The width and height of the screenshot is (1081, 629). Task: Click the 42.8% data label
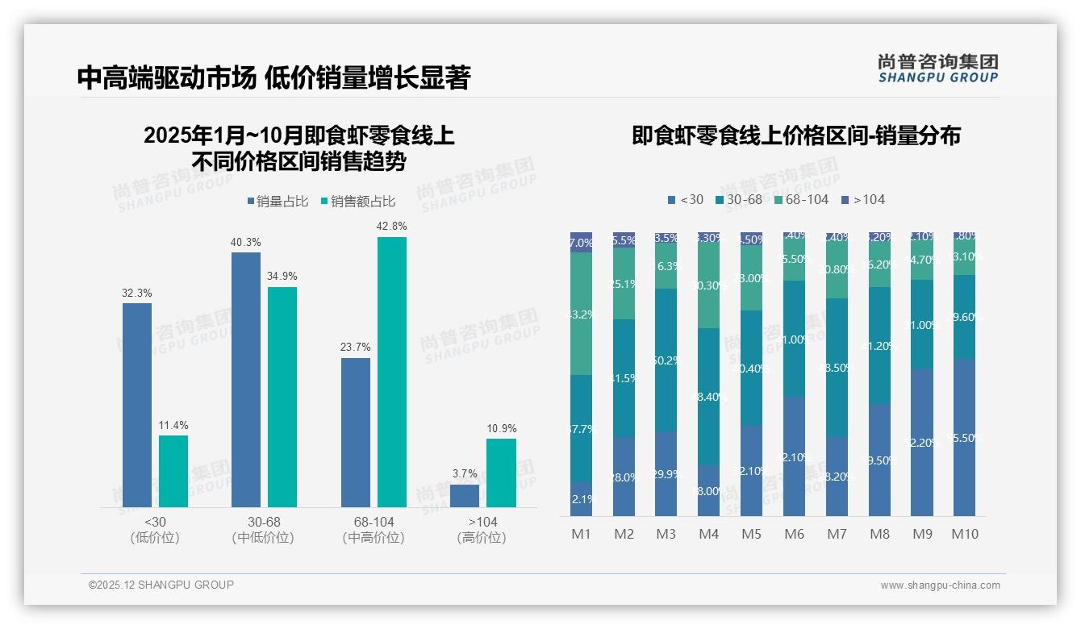tap(391, 227)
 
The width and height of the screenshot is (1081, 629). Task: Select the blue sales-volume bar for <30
tap(137, 405)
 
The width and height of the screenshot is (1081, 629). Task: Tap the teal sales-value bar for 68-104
tap(392, 372)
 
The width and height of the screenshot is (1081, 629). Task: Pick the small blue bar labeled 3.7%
tap(465, 495)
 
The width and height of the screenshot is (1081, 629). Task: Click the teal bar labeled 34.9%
tap(282, 397)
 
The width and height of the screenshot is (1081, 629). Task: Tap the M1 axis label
tap(582, 534)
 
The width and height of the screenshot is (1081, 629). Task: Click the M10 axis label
tap(964, 534)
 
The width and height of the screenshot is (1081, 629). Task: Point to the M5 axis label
tap(751, 534)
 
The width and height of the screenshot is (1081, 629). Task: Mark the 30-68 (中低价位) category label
tap(263, 530)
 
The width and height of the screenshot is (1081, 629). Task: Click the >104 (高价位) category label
tap(482, 530)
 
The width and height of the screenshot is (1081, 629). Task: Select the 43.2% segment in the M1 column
tap(582, 314)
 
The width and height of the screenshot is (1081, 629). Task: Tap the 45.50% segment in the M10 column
tap(964, 437)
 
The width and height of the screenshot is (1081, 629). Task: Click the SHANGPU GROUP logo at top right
tap(937, 69)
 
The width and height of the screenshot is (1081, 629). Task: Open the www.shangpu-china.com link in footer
tap(940, 585)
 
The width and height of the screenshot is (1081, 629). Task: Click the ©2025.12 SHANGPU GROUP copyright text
tap(161, 585)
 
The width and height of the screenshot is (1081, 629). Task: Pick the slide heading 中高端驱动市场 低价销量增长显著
tap(273, 77)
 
